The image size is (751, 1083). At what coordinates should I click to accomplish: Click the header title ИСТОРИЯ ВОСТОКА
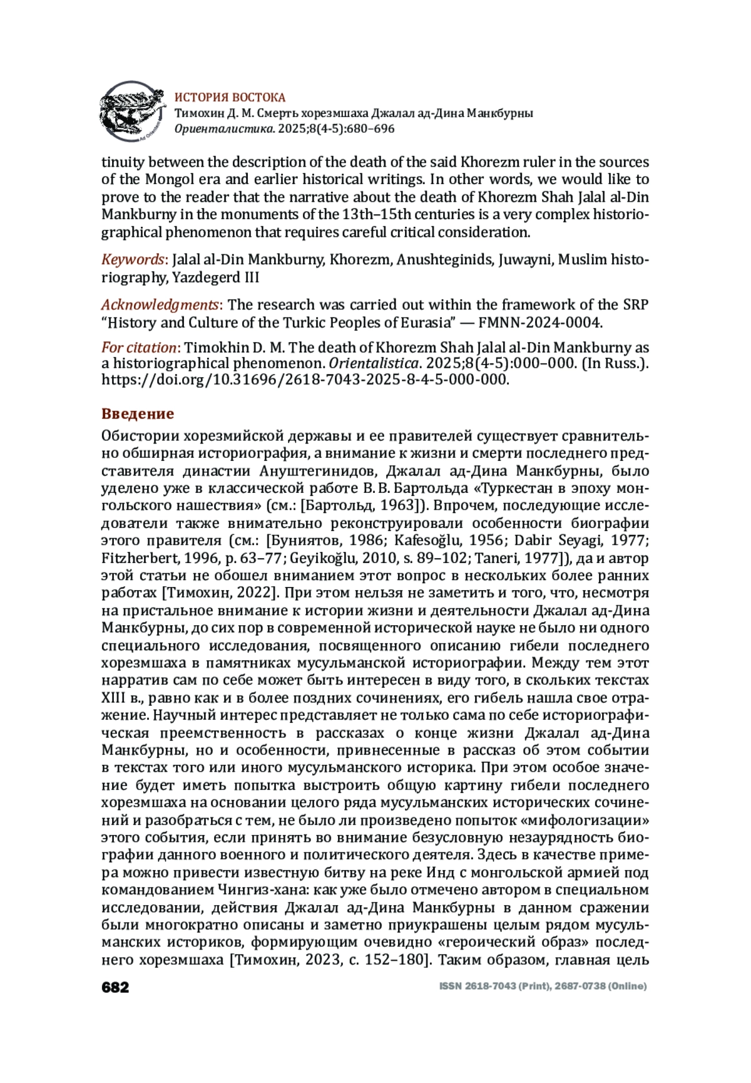230,97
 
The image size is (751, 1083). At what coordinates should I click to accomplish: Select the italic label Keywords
133,260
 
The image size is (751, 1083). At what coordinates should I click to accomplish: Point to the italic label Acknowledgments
160,305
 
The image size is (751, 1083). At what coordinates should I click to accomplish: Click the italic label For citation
139,348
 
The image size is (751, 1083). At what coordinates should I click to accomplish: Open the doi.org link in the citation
305,380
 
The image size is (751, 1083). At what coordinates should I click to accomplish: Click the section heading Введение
138,414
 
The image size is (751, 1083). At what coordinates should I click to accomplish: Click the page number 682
115,987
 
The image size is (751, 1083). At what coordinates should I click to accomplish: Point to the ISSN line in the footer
543,987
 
